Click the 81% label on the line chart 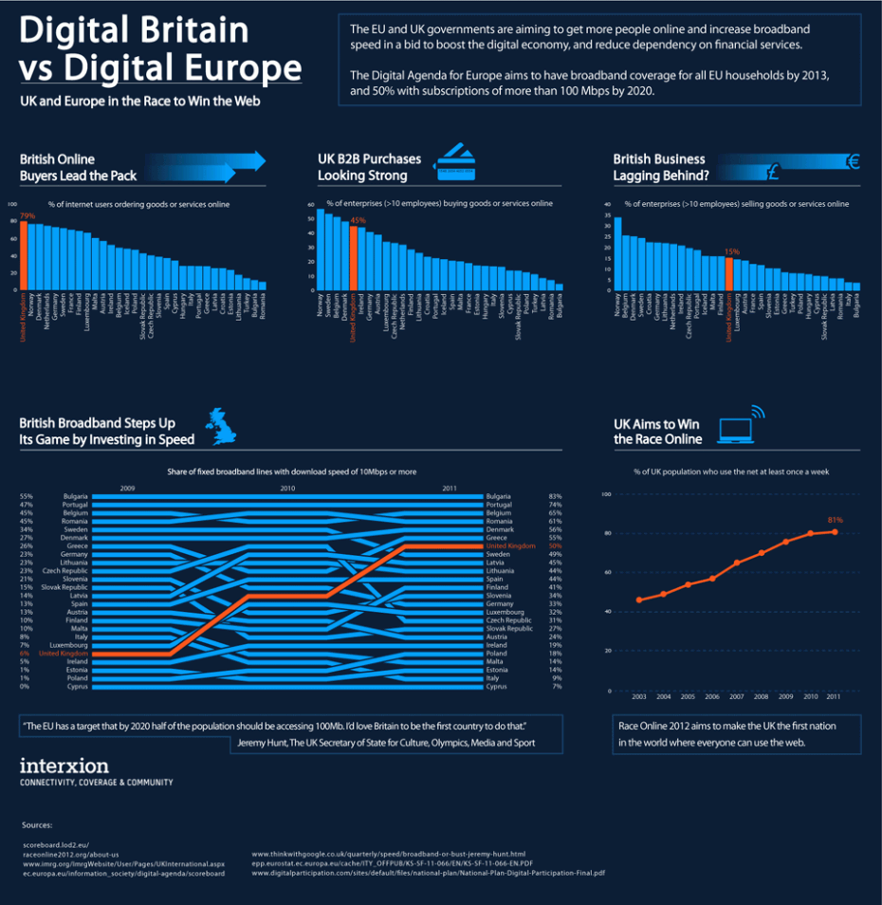tap(836, 521)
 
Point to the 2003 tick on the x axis tap(638, 697)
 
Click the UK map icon tap(224, 428)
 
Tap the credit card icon tap(454, 163)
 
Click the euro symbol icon tap(852, 162)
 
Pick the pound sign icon tap(773, 173)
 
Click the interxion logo tap(64, 766)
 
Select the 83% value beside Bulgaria tap(555, 496)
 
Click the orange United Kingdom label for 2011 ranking tap(510, 546)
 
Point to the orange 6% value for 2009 tap(26, 654)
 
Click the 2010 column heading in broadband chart tap(288, 488)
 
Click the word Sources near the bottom tap(37, 825)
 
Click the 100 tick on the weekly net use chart tap(605, 494)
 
